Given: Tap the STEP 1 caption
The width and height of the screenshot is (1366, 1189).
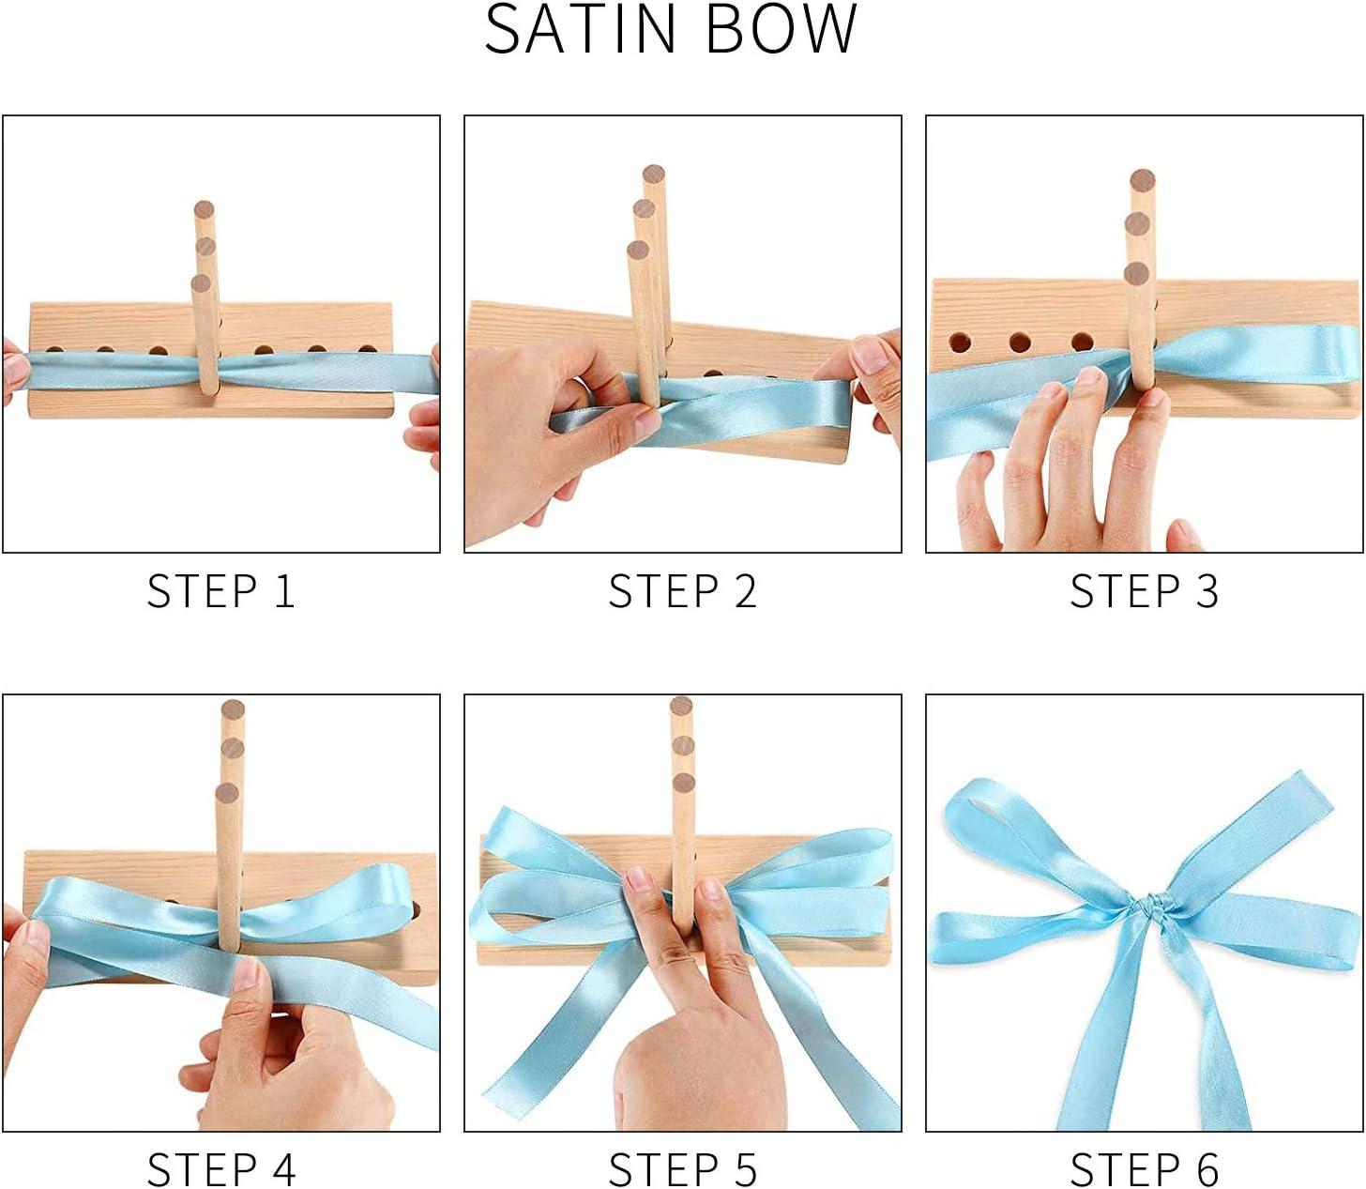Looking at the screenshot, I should pyautogui.click(x=221, y=591).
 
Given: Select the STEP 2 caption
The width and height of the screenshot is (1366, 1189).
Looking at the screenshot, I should pyautogui.click(x=682, y=591).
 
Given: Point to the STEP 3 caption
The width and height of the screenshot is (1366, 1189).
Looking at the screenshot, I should pyautogui.click(x=1144, y=591).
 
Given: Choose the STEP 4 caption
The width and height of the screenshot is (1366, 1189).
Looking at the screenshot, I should pyautogui.click(x=221, y=1169).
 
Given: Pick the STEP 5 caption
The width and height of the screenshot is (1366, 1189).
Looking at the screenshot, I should pyautogui.click(x=682, y=1169).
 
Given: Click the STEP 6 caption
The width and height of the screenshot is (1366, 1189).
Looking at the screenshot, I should pyautogui.click(x=1144, y=1169).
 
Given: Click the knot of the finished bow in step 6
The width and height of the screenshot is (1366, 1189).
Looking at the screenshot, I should pyautogui.click(x=1156, y=907).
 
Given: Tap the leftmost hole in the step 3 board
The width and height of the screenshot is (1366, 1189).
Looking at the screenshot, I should pyautogui.click(x=960, y=343).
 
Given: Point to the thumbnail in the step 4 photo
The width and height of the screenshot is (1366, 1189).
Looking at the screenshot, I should pyautogui.click(x=247, y=976).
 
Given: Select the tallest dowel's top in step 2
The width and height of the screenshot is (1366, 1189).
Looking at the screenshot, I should pyautogui.click(x=654, y=174).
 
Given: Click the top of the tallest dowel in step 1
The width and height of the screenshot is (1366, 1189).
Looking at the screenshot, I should pyautogui.click(x=205, y=208).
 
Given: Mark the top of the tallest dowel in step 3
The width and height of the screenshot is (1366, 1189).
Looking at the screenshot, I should pyautogui.click(x=1142, y=179).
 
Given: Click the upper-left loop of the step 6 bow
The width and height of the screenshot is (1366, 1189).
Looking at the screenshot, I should pyautogui.click(x=980, y=815).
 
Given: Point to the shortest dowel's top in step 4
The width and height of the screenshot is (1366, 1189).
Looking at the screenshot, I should pyautogui.click(x=226, y=794).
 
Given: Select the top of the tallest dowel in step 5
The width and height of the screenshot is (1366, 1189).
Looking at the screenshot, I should pyautogui.click(x=681, y=706).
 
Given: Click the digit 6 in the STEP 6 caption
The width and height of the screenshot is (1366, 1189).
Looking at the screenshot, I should pyautogui.click(x=1207, y=1169).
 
